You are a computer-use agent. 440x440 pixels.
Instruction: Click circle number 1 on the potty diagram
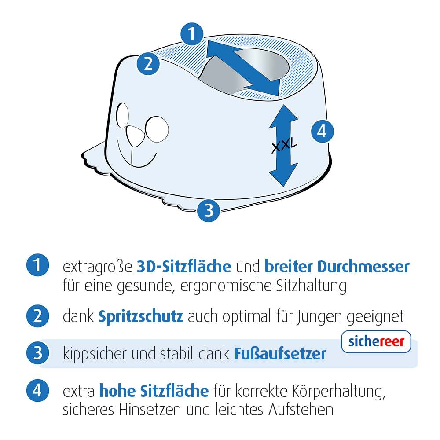(x=192, y=34)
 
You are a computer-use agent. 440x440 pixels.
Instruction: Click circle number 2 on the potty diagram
(x=148, y=64)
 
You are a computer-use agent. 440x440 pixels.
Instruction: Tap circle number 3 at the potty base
(x=209, y=210)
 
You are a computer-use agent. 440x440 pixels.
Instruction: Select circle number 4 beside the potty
(x=322, y=131)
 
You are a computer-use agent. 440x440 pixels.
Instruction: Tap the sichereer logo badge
(x=376, y=342)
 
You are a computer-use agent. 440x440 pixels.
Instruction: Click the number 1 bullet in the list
(x=37, y=266)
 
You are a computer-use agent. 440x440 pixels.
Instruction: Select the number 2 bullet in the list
(x=37, y=316)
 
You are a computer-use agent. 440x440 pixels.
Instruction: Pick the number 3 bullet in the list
(x=37, y=353)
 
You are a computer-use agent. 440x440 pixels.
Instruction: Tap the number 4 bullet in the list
(x=37, y=390)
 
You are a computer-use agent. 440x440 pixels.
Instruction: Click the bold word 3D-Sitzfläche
(x=184, y=267)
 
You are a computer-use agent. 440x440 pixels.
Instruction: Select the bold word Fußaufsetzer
(x=280, y=354)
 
